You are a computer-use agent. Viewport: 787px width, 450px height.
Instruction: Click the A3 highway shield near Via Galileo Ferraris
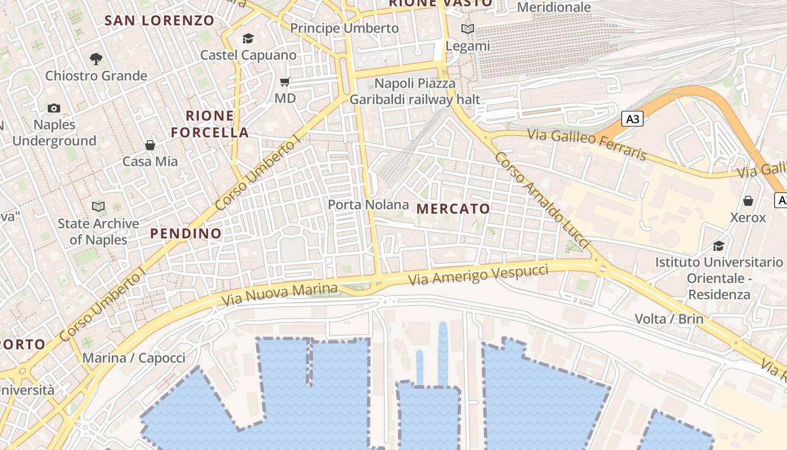point(632,119)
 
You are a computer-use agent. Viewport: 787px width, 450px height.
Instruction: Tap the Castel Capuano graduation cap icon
point(248,39)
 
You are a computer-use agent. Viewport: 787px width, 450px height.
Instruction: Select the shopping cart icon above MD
point(285,82)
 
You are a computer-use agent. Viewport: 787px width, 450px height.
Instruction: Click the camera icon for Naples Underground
point(54,108)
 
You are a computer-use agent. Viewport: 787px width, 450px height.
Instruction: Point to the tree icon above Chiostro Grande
point(96,58)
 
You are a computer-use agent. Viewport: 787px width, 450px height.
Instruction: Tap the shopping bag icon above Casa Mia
point(150,145)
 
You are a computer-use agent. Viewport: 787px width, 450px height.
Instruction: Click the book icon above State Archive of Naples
point(98,207)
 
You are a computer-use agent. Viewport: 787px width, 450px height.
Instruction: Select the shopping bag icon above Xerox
point(748,201)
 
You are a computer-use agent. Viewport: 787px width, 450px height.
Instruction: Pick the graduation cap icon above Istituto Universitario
point(718,246)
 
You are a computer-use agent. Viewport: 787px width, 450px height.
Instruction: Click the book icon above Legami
point(468,29)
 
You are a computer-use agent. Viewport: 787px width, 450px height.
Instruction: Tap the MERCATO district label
point(453,209)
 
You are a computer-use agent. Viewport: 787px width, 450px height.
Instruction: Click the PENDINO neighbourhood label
point(186,233)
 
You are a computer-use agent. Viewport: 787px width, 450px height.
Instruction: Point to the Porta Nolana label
point(368,205)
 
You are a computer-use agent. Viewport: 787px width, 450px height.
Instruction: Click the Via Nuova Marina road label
point(280,294)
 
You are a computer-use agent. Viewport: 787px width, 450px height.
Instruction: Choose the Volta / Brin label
point(669,319)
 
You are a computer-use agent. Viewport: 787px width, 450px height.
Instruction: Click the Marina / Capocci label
point(134,358)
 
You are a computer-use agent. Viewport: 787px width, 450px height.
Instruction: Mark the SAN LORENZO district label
point(160,21)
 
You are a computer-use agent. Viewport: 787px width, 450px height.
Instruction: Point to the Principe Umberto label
point(344,28)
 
